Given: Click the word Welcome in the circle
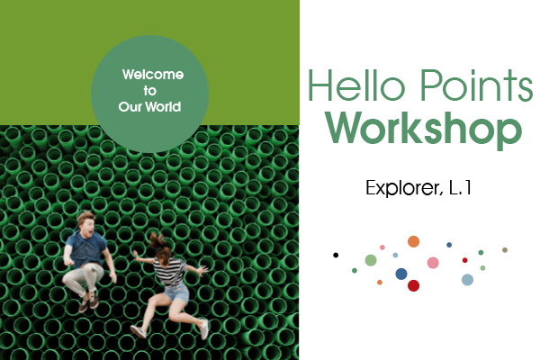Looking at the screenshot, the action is [153, 75].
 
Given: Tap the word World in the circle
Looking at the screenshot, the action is [163, 107].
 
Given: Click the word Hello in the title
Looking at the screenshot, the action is [356, 85].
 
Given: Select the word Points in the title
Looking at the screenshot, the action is [477, 85].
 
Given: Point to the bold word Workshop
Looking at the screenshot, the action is [424, 129].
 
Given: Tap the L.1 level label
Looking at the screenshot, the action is [460, 188].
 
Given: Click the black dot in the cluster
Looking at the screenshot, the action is [336, 255].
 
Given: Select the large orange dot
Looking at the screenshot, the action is [414, 241].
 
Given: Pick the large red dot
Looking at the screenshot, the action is [414, 285].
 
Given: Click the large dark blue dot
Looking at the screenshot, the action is [401, 274].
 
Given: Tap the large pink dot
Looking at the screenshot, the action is [433, 263].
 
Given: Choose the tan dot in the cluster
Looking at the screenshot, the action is [505, 250].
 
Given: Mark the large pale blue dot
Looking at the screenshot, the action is [467, 280].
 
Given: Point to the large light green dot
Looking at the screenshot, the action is [371, 260].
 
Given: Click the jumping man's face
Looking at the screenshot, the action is [87, 226].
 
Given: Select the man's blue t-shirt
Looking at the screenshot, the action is [86, 248].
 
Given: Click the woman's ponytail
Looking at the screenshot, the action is [157, 241].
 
